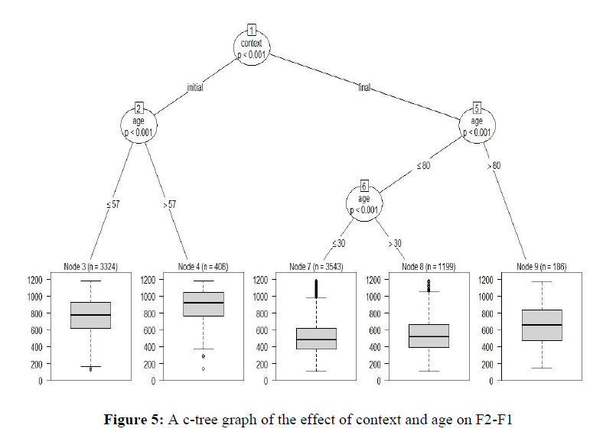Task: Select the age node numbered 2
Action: (x=139, y=122)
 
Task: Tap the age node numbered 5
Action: (x=476, y=122)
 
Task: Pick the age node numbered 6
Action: (x=364, y=202)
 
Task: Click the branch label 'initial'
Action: (x=195, y=88)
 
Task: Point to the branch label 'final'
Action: (x=363, y=87)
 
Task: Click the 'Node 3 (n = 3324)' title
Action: (x=90, y=267)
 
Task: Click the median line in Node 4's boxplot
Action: (x=203, y=303)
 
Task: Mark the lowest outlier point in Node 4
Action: (x=203, y=368)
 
